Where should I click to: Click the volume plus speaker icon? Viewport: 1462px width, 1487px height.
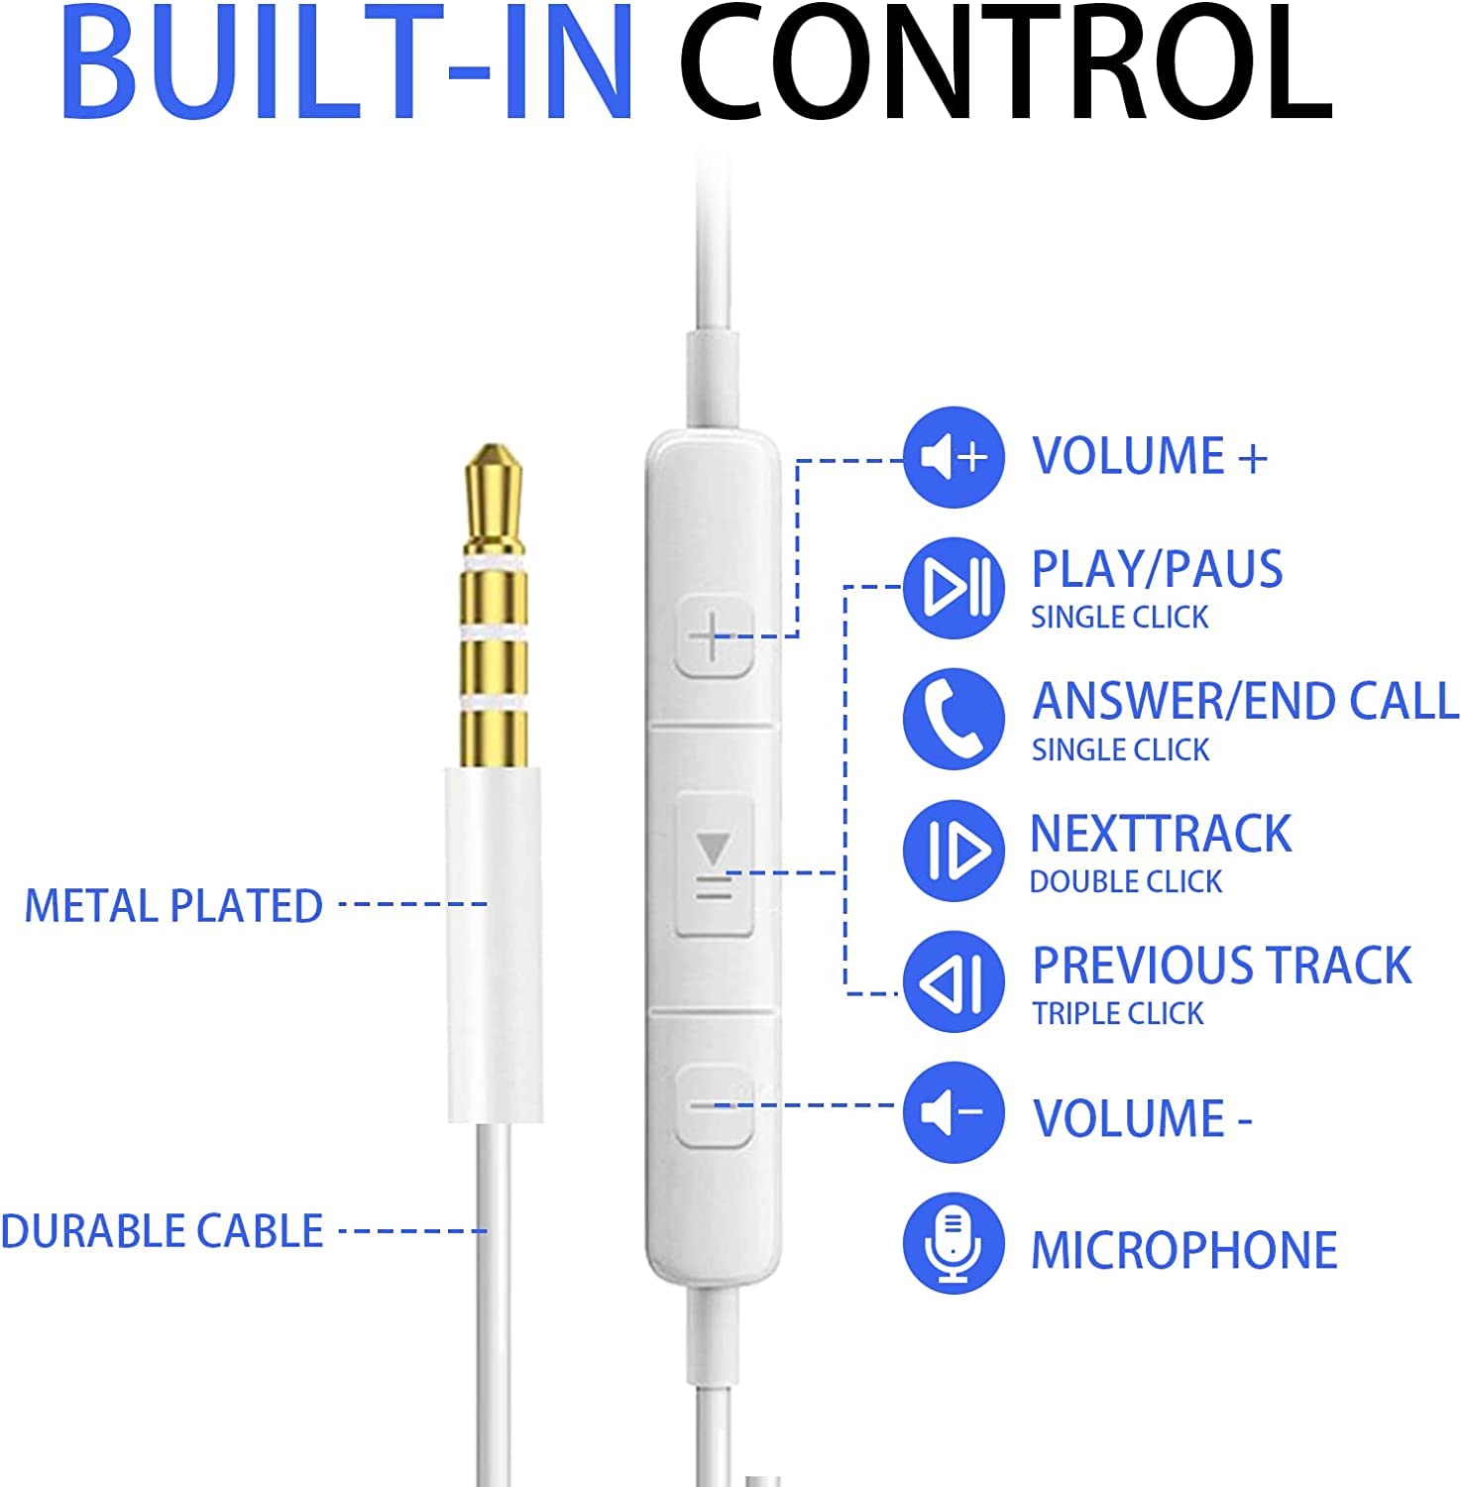coord(954,457)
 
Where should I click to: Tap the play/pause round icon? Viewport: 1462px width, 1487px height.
coord(954,588)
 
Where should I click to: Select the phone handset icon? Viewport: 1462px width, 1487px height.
coord(954,719)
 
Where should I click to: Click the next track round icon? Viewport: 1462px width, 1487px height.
coord(954,851)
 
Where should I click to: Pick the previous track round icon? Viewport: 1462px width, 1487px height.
coord(954,981)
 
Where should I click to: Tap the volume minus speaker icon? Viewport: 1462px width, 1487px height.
coord(954,1112)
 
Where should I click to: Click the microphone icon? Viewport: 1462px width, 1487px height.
coord(954,1243)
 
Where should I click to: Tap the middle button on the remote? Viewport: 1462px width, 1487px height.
coord(714,863)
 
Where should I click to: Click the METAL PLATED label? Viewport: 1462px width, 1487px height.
coord(173,906)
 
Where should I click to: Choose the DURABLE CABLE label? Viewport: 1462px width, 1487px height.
coord(162,1231)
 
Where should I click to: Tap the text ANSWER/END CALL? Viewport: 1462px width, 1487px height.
coord(1245,701)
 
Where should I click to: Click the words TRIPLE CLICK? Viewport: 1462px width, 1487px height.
coord(1118,1013)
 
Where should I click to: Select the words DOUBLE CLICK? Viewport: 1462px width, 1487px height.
coord(1126,881)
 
